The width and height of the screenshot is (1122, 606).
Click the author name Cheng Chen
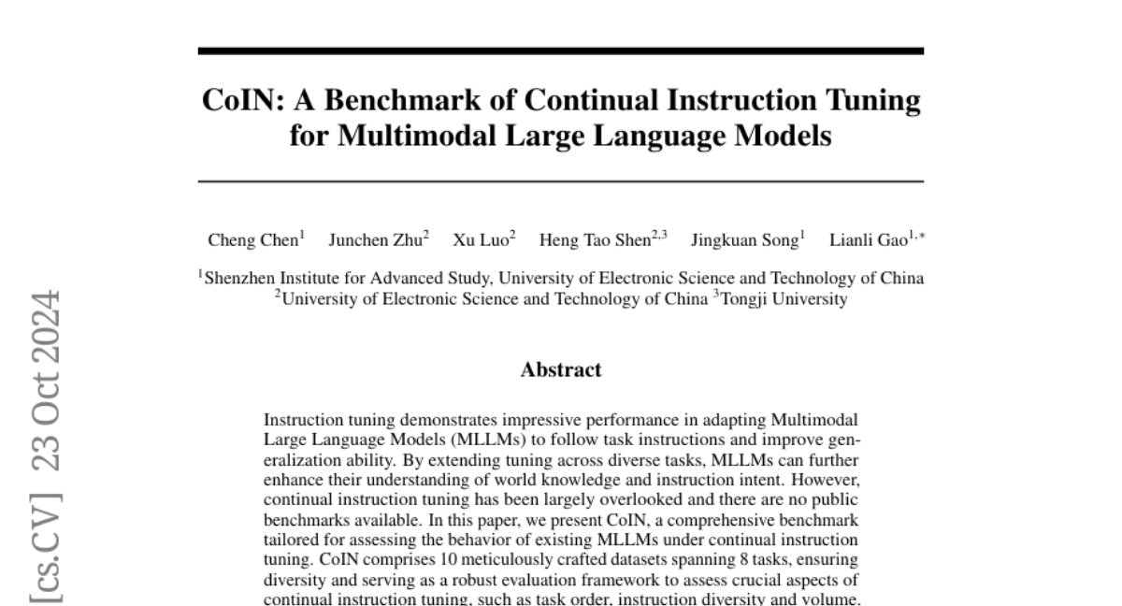[x=253, y=240]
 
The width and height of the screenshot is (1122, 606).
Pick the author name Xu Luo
[x=482, y=240]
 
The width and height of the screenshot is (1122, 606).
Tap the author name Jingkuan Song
[x=744, y=240]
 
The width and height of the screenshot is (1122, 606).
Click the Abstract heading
[x=561, y=369]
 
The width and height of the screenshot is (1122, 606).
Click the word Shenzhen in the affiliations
[x=240, y=278]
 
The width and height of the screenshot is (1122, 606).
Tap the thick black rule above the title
[x=561, y=50]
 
